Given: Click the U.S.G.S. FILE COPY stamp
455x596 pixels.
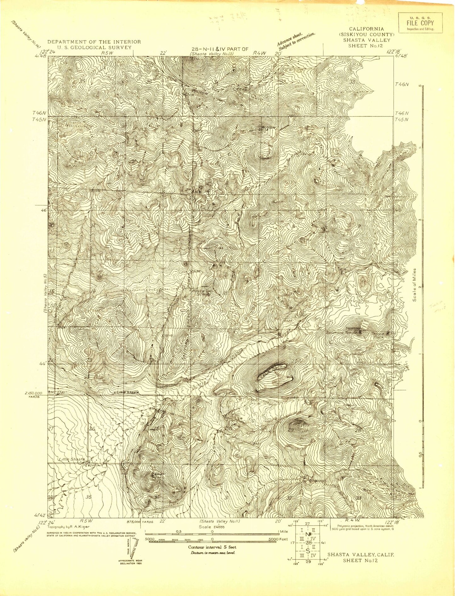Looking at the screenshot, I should coord(420,22).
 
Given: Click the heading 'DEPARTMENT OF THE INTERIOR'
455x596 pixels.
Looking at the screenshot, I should coord(94,42).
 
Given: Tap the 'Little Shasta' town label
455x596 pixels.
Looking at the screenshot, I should coord(72,459).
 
